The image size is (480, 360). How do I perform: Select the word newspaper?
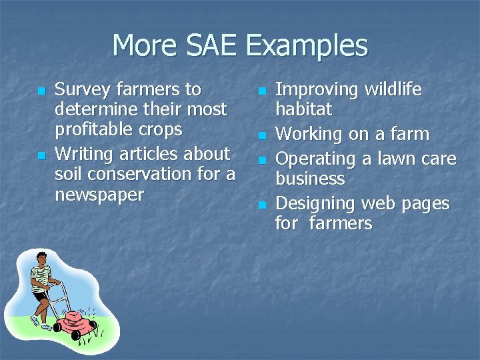point(99,195)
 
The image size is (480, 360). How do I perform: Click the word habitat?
point(303,109)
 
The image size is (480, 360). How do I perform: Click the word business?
point(310,179)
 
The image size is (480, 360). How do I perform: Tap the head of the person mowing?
point(41,257)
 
